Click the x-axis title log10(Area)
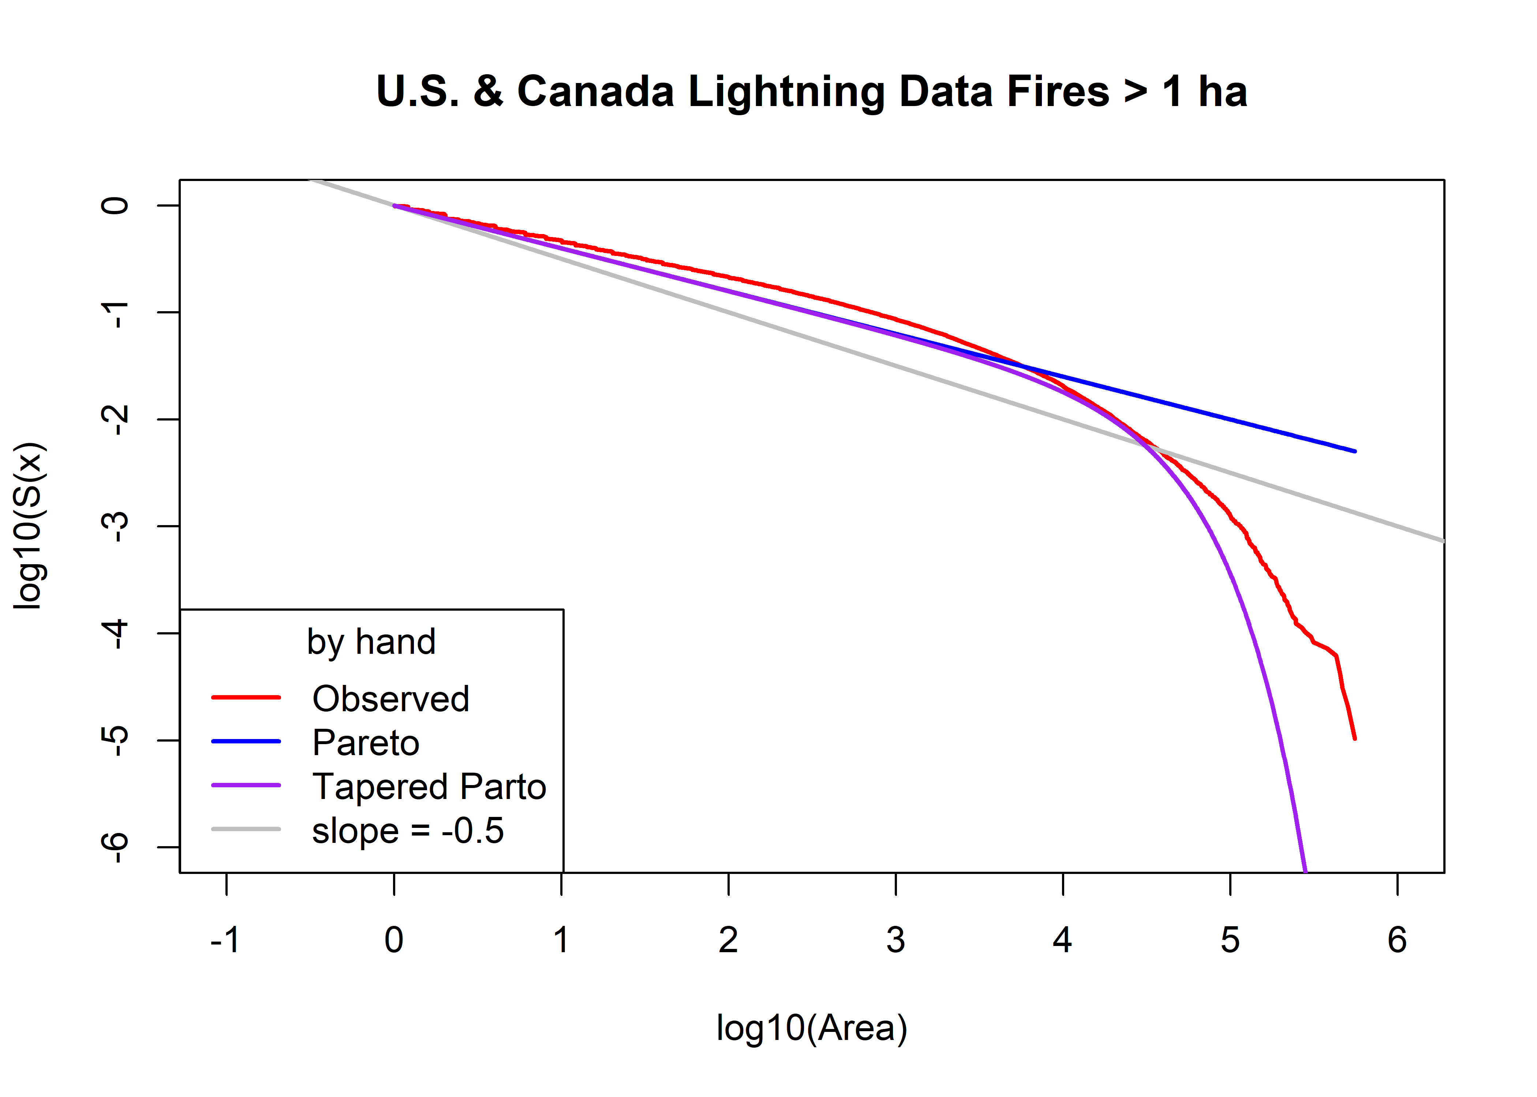pos(811,1028)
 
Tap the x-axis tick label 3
pos(895,940)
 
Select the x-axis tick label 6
pos(1397,940)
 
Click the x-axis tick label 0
pos(394,940)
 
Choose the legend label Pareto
pos(366,743)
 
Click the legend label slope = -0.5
pos(408,831)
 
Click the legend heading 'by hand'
pos(371,642)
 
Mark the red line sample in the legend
pos(246,697)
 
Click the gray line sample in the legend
pos(246,829)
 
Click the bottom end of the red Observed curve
pos(1354,738)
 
